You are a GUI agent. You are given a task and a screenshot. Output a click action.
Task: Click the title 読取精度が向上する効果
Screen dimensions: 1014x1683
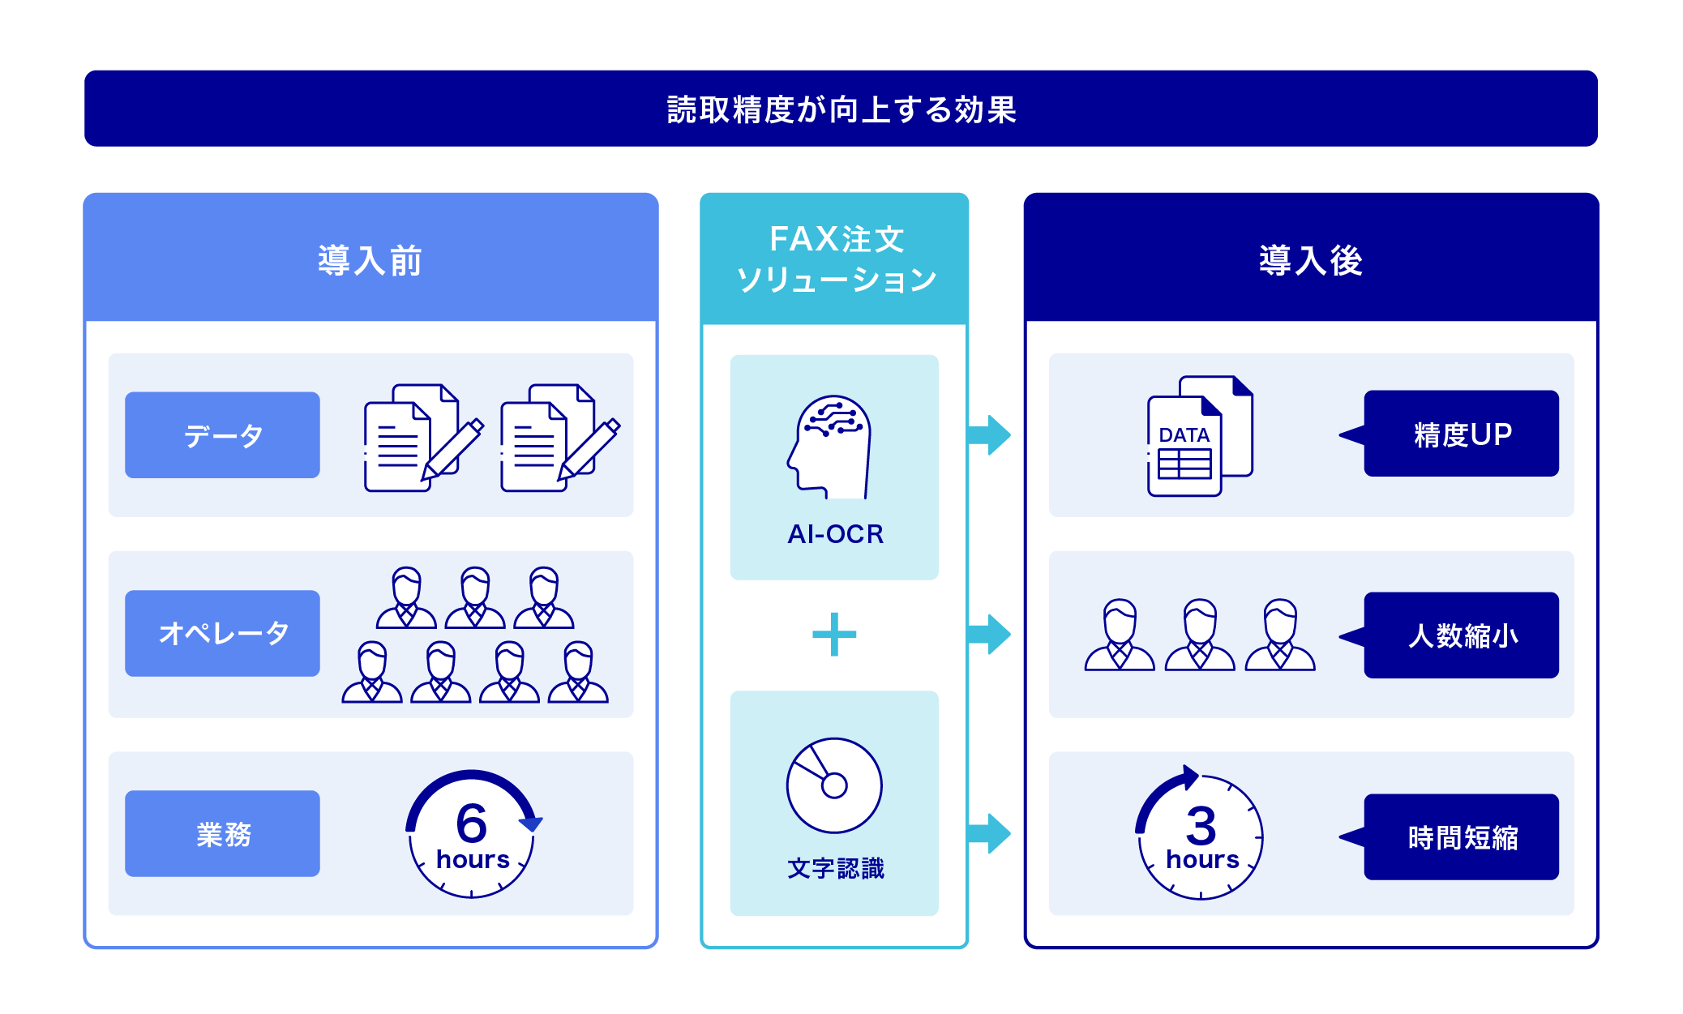pyautogui.click(x=841, y=109)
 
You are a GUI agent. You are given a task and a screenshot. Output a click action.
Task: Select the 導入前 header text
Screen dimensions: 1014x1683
pyautogui.click(x=370, y=261)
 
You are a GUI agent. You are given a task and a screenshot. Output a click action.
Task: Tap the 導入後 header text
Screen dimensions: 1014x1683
pyautogui.click(x=1310, y=261)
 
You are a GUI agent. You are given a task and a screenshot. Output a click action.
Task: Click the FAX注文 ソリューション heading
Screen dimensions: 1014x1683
pyautogui.click(x=836, y=259)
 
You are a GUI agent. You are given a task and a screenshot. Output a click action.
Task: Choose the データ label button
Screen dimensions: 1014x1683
pyautogui.click(x=222, y=435)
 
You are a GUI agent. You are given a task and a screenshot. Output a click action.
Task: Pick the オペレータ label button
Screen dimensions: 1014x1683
pyautogui.click(x=222, y=633)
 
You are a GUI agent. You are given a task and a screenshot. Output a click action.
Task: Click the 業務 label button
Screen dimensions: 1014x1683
pyautogui.click(x=222, y=833)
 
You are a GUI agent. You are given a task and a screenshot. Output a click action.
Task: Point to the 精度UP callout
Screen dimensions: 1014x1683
pyautogui.click(x=1461, y=434)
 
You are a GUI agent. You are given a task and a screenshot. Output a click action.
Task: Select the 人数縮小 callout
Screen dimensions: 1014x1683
pyautogui.click(x=1461, y=635)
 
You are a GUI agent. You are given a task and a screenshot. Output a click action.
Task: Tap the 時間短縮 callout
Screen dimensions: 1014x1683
pyautogui.click(x=1461, y=836)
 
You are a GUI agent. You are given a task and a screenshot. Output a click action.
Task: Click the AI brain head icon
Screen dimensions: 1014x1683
pyautogui.click(x=830, y=447)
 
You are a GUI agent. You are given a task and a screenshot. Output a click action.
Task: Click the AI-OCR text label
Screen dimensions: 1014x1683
pyautogui.click(x=835, y=534)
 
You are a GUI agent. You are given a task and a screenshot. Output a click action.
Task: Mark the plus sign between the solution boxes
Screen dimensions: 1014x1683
pyautogui.click(x=834, y=634)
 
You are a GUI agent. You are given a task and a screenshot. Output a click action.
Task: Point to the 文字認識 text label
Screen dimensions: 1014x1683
pyautogui.click(x=835, y=868)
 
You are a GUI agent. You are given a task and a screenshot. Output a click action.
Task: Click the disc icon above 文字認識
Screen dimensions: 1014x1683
pyautogui.click(x=833, y=785)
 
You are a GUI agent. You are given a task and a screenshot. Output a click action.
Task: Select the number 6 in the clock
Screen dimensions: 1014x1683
pyautogui.click(x=471, y=823)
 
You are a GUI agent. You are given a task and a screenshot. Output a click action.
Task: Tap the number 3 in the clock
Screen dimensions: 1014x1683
pyautogui.click(x=1201, y=826)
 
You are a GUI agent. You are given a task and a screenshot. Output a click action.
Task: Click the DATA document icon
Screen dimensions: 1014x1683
pyautogui.click(x=1198, y=437)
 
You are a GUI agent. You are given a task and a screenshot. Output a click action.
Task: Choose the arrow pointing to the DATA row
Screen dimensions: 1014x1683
pyautogui.click(x=990, y=435)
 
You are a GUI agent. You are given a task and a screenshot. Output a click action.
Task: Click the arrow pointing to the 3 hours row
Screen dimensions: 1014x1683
pyautogui.click(x=990, y=833)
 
